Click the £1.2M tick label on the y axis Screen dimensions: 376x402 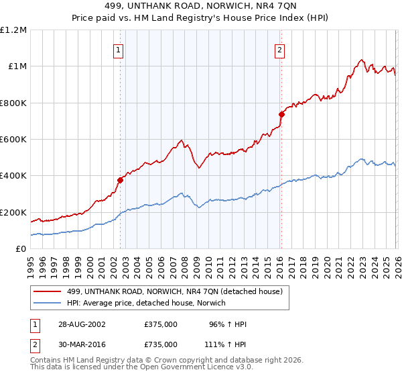click(x=13, y=30)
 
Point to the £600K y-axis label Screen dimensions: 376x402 click(x=13, y=140)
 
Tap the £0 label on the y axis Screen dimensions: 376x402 click(x=21, y=249)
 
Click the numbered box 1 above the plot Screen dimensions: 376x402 click(x=119, y=49)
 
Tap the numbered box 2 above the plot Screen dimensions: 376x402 click(x=279, y=49)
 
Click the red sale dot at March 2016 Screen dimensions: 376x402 click(x=281, y=114)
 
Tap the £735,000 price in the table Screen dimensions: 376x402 click(x=161, y=344)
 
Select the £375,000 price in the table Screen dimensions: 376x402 click(x=161, y=324)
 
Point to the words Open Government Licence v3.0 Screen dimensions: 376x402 click(x=195, y=369)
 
